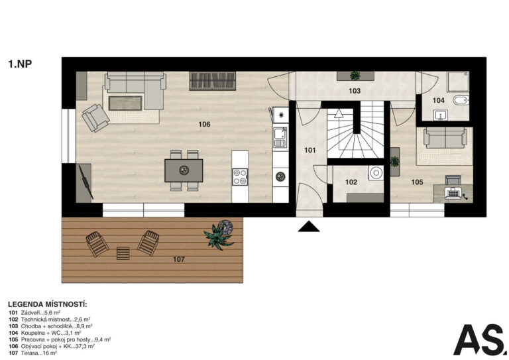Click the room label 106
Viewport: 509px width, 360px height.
click(x=205, y=125)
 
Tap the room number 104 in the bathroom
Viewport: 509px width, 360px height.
click(x=438, y=101)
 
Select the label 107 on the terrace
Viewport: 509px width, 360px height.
click(x=179, y=259)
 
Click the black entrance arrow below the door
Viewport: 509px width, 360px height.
click(x=309, y=227)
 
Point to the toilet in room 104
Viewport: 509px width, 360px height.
click(x=461, y=100)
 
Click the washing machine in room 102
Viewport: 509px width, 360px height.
click(x=376, y=173)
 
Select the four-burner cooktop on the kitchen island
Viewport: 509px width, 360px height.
click(x=240, y=177)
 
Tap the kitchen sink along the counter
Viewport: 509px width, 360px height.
click(x=280, y=137)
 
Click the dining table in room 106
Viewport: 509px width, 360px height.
click(x=184, y=170)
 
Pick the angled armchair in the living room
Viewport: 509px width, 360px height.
click(x=95, y=118)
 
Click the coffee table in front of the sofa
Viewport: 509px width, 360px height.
click(x=125, y=103)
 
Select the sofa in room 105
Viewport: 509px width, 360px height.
click(x=445, y=138)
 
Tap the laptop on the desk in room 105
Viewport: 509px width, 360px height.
click(x=453, y=193)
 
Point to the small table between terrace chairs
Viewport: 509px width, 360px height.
click(x=123, y=253)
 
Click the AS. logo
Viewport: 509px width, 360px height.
click(x=481, y=339)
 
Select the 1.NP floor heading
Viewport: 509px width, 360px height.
click(x=20, y=64)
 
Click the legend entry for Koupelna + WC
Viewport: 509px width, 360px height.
click(x=45, y=333)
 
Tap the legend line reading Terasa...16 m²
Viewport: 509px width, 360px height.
click(x=33, y=353)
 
